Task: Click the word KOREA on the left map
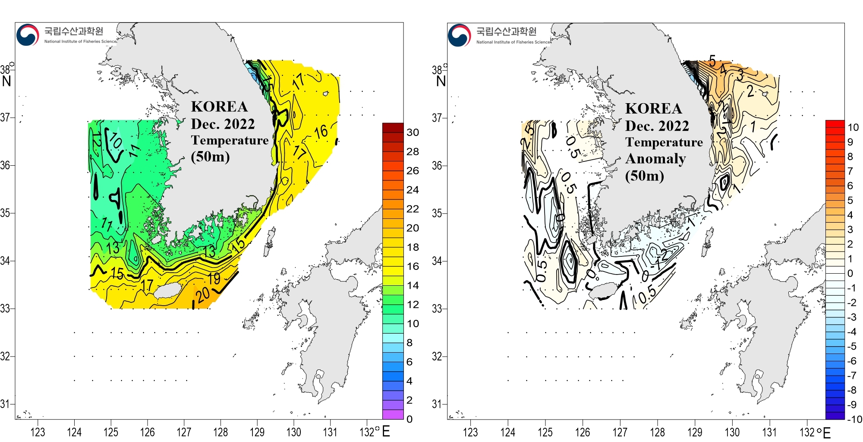219,107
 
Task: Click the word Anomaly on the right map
655,159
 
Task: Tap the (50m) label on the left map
210,156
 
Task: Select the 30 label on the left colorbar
413,133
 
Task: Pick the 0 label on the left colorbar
409,419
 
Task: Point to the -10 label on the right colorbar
854,419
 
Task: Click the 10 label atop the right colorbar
853,127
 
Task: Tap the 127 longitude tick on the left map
184,432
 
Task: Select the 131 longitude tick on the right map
769,432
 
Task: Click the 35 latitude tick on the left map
5,213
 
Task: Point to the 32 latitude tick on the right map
437,357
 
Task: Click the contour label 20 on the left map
203,295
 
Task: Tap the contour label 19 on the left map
214,279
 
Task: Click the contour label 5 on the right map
712,60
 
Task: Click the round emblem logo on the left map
28,35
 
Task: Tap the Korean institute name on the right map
506,31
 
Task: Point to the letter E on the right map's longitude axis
827,433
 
